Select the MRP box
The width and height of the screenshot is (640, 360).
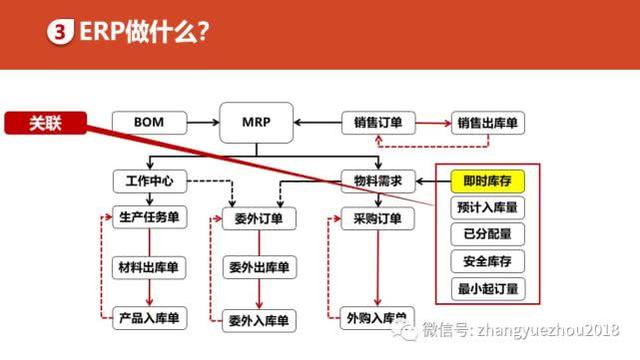(x=255, y=123)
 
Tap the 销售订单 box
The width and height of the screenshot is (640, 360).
(x=378, y=123)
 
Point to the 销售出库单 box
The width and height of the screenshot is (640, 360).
(x=488, y=123)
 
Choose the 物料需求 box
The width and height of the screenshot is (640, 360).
(x=378, y=182)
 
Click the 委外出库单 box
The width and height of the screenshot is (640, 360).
(x=257, y=268)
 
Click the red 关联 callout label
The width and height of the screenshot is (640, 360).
(x=45, y=124)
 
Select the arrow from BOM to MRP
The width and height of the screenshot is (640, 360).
(x=203, y=123)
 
